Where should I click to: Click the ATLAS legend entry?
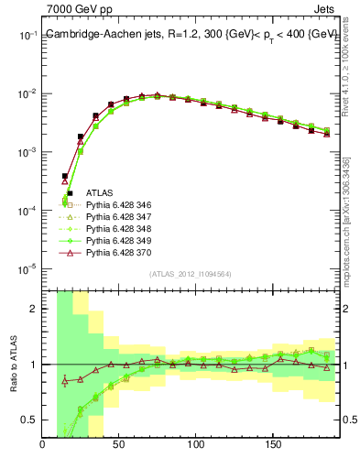pyautogui.click(x=101, y=193)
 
